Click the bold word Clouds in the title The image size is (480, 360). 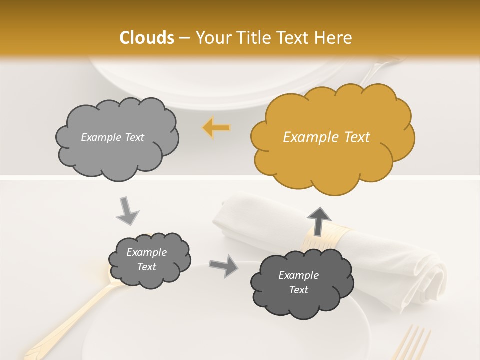click(x=147, y=38)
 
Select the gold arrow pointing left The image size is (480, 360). click(x=216, y=128)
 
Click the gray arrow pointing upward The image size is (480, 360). click(x=318, y=220)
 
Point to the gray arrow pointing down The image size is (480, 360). click(x=127, y=211)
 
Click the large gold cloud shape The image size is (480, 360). click(x=332, y=137)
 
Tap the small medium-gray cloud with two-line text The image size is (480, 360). click(x=149, y=260)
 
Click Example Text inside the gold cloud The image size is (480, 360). click(x=326, y=137)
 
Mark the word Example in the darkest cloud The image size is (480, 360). click(x=298, y=275)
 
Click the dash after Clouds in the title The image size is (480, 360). click(x=184, y=38)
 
